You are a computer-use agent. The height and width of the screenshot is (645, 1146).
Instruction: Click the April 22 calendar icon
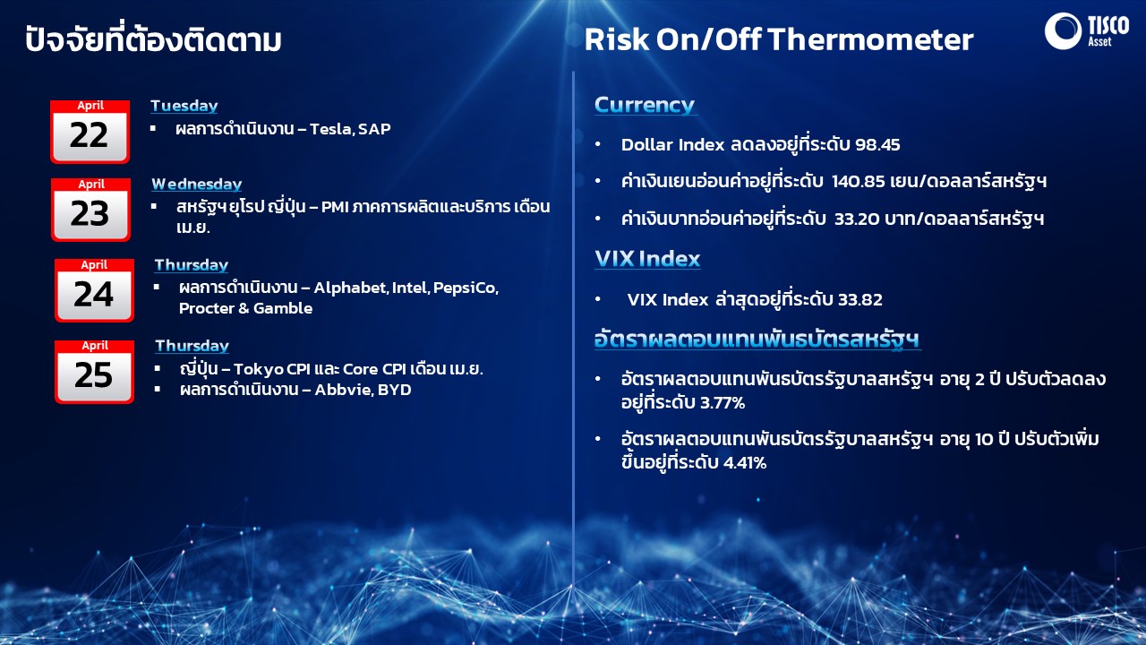click(90, 132)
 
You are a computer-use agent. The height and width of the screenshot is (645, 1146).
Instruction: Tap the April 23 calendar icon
click(90, 210)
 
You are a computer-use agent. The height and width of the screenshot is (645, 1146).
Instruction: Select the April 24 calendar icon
click(94, 290)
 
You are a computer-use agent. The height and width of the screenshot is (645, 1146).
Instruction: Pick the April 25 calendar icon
click(94, 372)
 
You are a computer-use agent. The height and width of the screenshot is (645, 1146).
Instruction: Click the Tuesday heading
click(184, 106)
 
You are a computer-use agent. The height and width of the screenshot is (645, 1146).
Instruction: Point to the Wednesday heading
click(197, 185)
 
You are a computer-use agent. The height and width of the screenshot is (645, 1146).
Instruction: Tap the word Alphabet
click(351, 288)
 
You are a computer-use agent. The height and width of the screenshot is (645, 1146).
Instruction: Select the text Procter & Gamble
click(245, 308)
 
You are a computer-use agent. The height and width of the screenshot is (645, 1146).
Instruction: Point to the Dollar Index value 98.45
click(877, 145)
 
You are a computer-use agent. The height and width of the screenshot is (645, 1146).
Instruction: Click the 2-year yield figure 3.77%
click(723, 403)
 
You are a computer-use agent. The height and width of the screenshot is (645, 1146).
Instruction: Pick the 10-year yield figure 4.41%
click(745, 463)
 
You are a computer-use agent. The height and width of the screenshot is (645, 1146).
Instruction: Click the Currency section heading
click(645, 105)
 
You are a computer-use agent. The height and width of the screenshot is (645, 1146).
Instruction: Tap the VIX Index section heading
click(647, 259)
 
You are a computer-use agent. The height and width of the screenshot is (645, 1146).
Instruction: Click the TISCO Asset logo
click(1087, 30)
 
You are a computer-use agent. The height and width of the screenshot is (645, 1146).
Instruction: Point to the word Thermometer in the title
click(870, 39)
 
